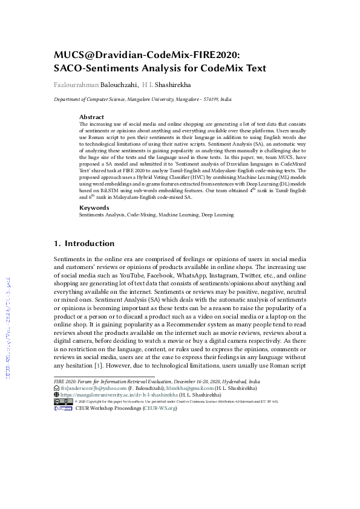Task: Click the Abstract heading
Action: point(92,117)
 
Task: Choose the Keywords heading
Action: point(94,207)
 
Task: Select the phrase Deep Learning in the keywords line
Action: point(218,215)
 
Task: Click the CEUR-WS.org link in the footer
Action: point(160,409)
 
